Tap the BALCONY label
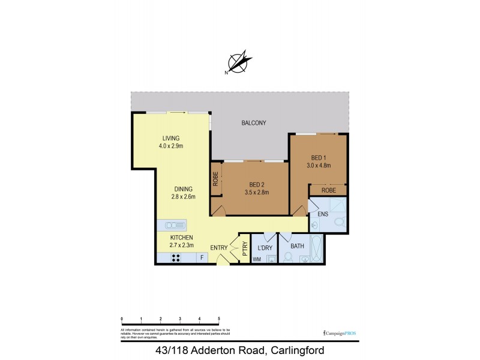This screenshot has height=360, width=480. pos(254,123)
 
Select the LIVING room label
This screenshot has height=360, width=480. pos(170,139)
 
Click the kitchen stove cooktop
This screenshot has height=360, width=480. pos(176,259)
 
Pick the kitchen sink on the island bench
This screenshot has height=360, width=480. pos(172,226)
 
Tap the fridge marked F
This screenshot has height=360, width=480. pos(202,259)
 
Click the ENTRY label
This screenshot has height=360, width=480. pos(219,247)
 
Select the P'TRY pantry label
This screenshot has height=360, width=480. pos(245,249)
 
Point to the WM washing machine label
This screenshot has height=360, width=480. pos(256,260)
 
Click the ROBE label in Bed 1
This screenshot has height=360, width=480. pos(329,190)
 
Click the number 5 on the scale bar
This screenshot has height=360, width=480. pos(219,319)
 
